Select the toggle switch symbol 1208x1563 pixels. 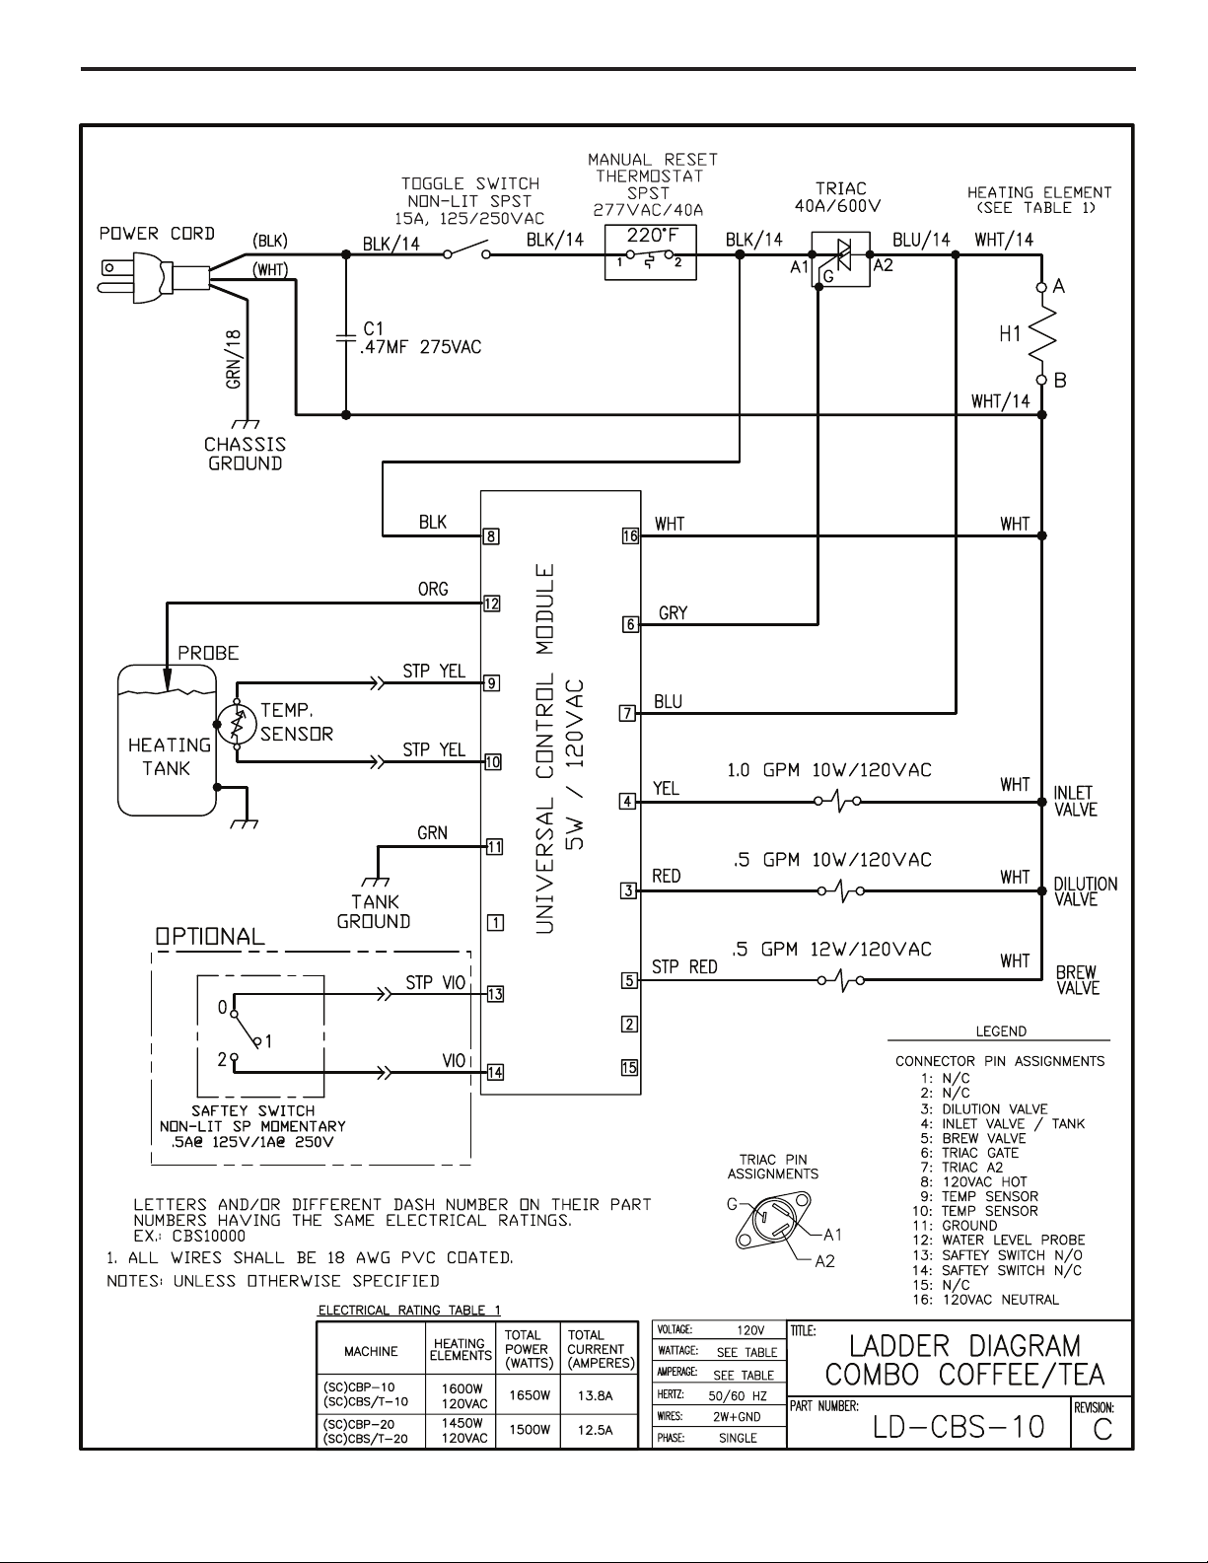click(x=466, y=249)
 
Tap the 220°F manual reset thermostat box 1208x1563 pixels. click(x=650, y=252)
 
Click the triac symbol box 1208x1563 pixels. click(x=840, y=259)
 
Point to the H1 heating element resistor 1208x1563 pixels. click(x=1042, y=333)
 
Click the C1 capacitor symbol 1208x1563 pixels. click(x=346, y=339)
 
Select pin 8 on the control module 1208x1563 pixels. click(x=491, y=535)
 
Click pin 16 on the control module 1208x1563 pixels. click(x=630, y=535)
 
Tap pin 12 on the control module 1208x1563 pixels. click(x=492, y=604)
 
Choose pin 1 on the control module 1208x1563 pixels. click(x=495, y=922)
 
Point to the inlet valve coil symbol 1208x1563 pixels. click(x=837, y=801)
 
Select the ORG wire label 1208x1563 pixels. click(x=433, y=589)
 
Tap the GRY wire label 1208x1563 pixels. click(x=673, y=612)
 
